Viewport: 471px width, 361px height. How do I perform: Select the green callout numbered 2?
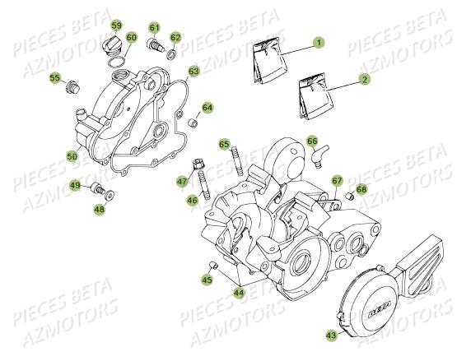pos(363,80)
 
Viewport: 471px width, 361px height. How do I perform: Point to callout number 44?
pos(238,291)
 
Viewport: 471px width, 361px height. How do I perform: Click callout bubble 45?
pos(207,280)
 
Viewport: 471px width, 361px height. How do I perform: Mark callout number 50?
pos(72,156)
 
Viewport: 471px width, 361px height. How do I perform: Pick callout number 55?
pos(55,78)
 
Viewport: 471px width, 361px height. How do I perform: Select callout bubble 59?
pos(116,25)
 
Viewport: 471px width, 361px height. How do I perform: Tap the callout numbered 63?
pos(194,72)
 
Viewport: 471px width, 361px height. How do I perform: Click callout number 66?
pos(313,141)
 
